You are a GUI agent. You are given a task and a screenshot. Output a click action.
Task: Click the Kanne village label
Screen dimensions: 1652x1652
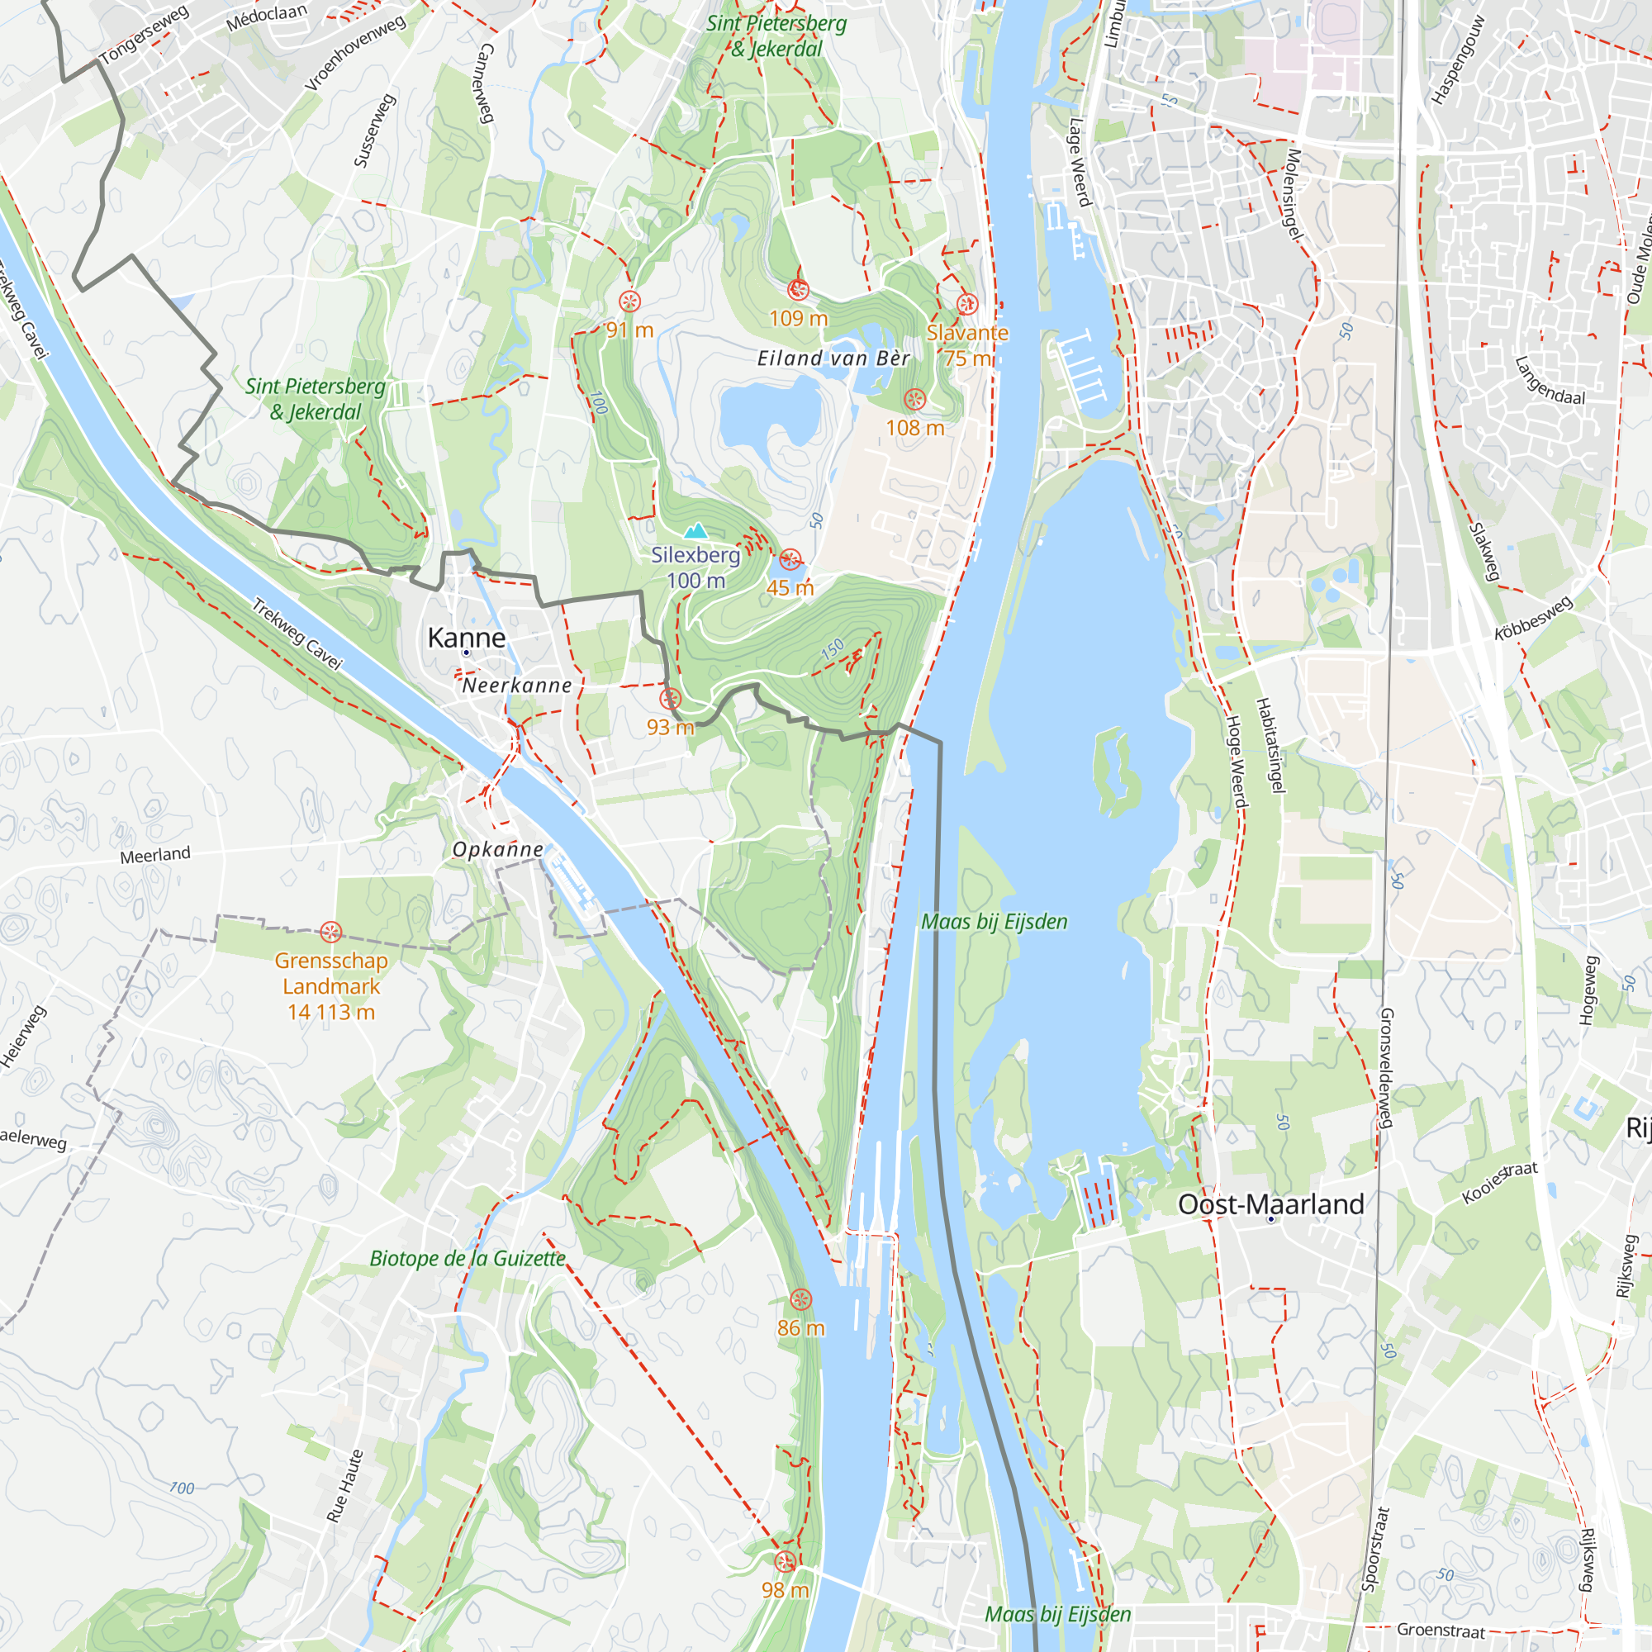466,638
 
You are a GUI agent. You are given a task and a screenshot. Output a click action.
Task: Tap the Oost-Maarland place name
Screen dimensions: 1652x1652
1270,1204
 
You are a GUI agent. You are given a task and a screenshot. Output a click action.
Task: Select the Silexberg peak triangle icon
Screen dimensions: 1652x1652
696,531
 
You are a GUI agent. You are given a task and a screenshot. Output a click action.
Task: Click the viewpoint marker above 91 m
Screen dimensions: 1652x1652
629,301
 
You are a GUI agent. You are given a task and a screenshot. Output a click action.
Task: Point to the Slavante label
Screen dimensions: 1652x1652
967,333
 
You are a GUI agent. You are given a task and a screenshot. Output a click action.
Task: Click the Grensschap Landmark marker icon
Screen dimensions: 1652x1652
331,932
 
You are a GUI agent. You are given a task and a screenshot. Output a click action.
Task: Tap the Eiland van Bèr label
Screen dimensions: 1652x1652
833,358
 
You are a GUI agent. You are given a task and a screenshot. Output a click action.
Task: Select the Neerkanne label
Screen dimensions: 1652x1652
516,686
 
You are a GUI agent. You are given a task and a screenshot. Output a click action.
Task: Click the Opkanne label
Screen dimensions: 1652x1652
497,849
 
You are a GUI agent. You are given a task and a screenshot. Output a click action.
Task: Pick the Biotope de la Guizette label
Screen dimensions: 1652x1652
468,1259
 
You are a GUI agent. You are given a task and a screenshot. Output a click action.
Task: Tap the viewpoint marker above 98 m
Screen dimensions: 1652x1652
785,1562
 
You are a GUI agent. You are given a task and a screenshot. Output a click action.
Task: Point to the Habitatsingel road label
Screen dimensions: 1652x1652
1270,745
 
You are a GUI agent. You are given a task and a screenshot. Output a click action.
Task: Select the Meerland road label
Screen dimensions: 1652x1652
154,854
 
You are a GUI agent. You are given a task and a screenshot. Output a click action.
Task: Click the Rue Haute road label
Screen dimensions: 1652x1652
344,1485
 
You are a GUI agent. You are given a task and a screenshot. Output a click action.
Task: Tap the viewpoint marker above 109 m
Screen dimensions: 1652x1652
798,290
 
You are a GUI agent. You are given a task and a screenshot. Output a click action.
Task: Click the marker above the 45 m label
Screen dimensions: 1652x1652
790,560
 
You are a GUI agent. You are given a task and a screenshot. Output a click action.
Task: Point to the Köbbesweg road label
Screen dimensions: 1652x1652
1533,618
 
